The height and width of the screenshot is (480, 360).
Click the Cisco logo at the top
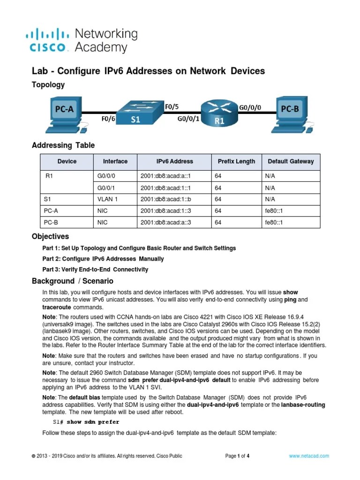click(47, 40)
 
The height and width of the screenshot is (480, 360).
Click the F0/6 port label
click(108, 119)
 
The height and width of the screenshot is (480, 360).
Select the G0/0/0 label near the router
click(250, 107)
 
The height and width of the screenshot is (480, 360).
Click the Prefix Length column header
click(237, 161)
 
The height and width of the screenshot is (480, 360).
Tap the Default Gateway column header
click(291, 161)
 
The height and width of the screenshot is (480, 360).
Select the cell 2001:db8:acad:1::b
click(166, 199)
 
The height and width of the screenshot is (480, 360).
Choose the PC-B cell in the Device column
click(51, 222)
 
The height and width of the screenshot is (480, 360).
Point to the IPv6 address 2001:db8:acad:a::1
click(166, 176)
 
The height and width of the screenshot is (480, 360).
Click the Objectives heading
click(50, 236)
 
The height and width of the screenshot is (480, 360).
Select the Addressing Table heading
click(63, 145)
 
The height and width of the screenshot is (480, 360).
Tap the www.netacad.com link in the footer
click(309, 456)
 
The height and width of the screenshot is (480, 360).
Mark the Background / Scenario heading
click(73, 281)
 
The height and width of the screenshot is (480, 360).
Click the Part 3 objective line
click(95, 270)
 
